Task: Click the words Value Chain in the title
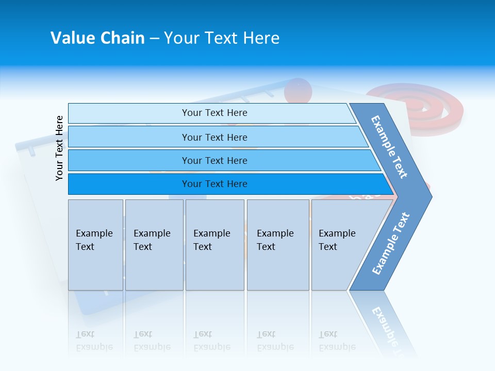[x=97, y=38]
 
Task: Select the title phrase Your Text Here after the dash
[x=222, y=38]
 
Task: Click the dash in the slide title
[x=154, y=39]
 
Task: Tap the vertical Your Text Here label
[x=59, y=148]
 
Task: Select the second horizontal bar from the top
[x=214, y=137]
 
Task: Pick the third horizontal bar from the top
[x=214, y=160]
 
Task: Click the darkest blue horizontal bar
[x=214, y=184]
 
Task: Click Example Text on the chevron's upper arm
[x=389, y=147]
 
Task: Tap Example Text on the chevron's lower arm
[x=391, y=243]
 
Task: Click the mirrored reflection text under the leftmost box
[x=94, y=341]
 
